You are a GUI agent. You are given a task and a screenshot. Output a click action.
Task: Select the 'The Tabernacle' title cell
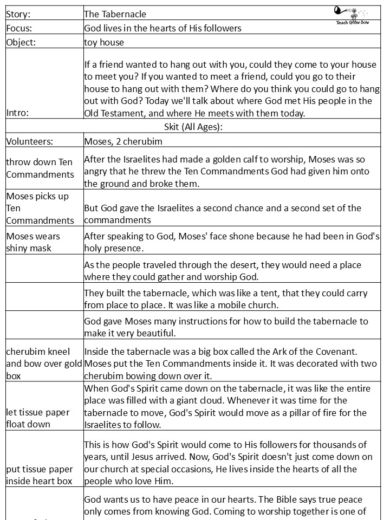(x=115, y=14)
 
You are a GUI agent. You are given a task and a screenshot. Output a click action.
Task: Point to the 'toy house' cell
(x=104, y=42)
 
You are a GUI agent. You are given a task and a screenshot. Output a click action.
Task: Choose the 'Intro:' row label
(x=18, y=113)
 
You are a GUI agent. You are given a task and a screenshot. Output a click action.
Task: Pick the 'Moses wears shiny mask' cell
(x=33, y=242)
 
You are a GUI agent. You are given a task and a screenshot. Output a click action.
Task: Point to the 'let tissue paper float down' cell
(x=38, y=418)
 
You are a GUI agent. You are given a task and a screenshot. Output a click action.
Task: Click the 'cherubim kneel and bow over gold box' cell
(x=43, y=363)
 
